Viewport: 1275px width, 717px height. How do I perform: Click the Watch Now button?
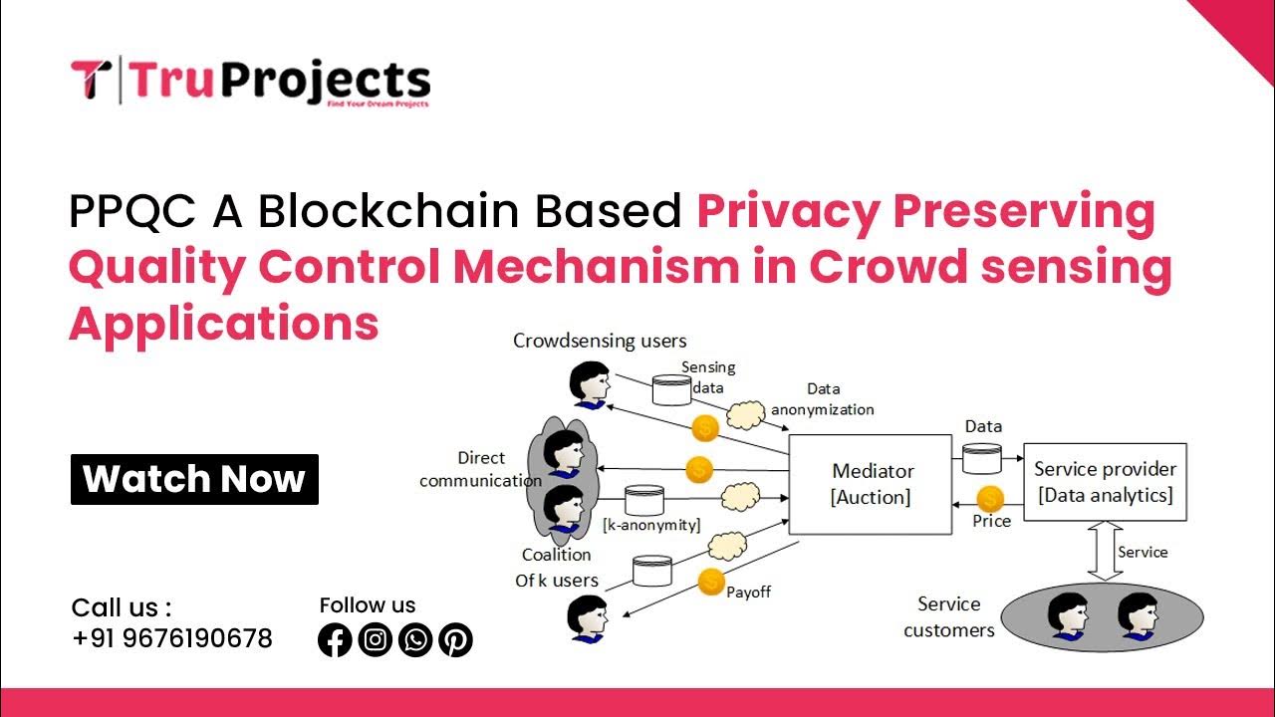[x=194, y=480]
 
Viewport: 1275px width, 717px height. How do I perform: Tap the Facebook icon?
[x=335, y=639]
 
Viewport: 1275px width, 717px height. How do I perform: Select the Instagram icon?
[x=375, y=639]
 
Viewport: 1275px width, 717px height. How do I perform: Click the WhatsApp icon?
[x=415, y=639]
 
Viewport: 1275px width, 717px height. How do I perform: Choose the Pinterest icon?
[x=455, y=639]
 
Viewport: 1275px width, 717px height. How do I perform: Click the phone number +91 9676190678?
[x=172, y=638]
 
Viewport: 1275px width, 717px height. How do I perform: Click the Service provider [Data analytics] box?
[x=1105, y=482]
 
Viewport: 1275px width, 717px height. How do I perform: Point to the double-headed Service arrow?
[x=1104, y=552]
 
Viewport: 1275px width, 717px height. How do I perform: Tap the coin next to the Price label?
[x=990, y=498]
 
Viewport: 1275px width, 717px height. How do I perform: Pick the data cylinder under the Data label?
[x=983, y=459]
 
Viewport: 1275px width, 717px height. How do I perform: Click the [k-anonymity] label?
[x=651, y=525]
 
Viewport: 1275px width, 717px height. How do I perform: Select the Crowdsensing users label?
[x=600, y=341]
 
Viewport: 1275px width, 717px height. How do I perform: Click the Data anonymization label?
[x=823, y=399]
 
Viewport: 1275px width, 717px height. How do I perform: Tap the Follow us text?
[x=368, y=604]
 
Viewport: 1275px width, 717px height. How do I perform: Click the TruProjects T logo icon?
[x=91, y=80]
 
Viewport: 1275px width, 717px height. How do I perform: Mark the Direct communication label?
[x=481, y=469]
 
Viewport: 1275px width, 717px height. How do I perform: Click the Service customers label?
[x=948, y=616]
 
